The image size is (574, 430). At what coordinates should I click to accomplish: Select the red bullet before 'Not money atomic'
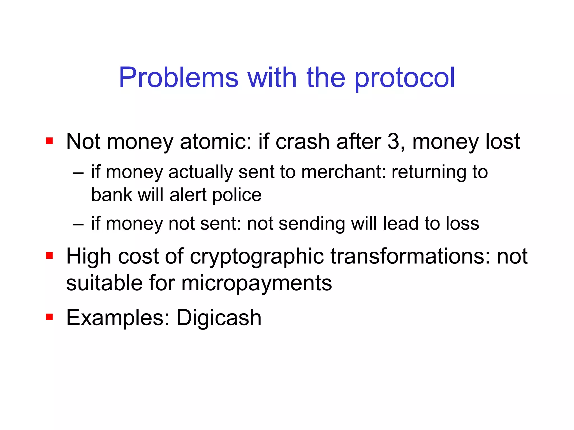click(49, 141)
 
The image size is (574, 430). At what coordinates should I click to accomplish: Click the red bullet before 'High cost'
click(49, 255)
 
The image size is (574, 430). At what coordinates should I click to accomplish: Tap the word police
click(237, 195)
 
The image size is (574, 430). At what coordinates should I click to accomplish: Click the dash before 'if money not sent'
click(78, 224)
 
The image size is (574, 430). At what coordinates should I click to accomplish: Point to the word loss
click(462, 224)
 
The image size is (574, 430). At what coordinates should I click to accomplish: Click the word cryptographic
click(257, 256)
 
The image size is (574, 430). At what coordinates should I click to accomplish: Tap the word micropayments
click(256, 284)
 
